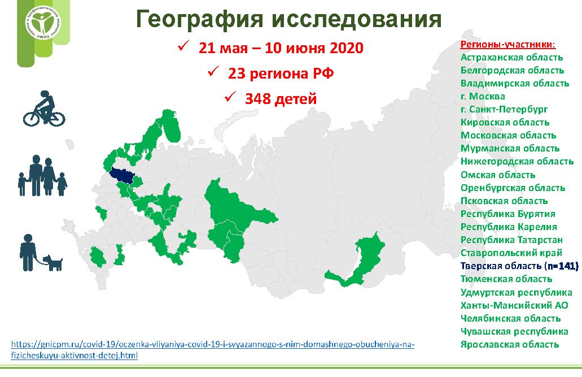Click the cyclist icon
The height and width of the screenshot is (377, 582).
point(44,108)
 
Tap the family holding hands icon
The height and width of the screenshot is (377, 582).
point(43,175)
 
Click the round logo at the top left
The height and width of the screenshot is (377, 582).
point(43,23)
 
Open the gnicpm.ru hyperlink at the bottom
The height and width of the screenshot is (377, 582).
point(212,349)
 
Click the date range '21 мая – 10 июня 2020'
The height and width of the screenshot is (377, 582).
point(281,48)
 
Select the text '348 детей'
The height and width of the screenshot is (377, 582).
point(281,99)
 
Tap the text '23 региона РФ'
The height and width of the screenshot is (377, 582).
point(281,73)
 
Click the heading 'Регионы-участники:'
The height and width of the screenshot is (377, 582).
point(508,45)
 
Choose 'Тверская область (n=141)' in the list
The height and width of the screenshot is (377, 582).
point(519,266)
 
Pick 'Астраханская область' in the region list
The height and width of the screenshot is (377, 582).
point(512,57)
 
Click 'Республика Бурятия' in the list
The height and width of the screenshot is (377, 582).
point(507,214)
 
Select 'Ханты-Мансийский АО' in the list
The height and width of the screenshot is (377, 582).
point(514,305)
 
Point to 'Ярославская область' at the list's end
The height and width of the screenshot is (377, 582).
point(510,344)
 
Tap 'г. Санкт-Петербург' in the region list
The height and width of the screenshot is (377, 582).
point(504,109)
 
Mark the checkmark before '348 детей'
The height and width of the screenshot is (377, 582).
point(230,97)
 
